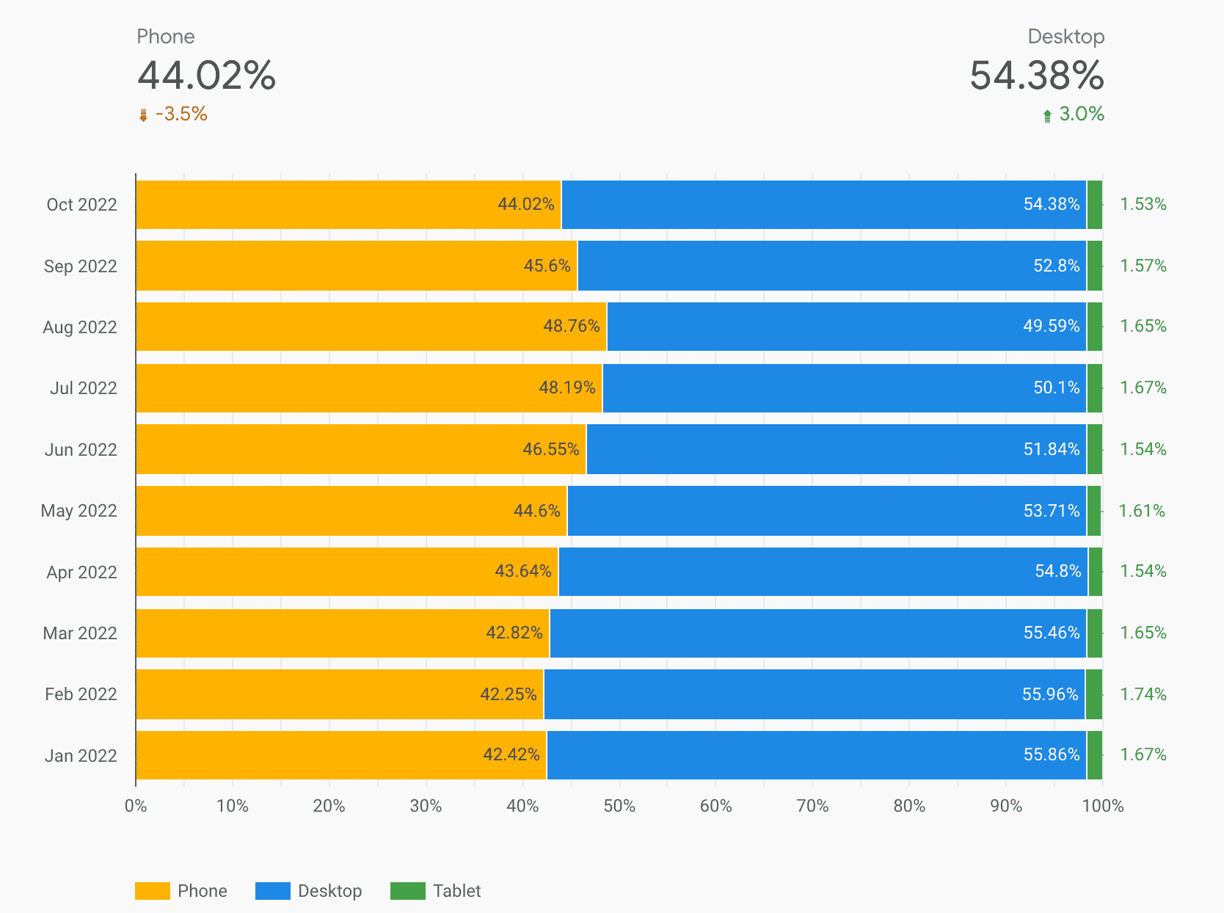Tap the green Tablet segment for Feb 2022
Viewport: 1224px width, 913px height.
(1093, 694)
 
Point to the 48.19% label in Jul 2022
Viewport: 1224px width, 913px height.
(567, 388)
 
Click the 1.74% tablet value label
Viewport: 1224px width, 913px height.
(1143, 694)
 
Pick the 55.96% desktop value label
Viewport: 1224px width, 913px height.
(1050, 694)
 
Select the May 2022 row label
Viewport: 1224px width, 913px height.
(79, 511)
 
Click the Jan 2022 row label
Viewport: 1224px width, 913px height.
(81, 755)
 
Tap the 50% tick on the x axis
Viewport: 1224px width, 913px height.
(619, 806)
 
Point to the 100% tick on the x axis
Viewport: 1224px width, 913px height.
(1102, 806)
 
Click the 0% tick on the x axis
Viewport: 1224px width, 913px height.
(136, 806)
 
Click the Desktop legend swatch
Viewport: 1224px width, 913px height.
(272, 891)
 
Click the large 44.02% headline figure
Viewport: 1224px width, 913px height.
(206, 76)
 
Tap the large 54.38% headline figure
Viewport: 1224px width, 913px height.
(1036, 76)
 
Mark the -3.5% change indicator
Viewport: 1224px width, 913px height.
(181, 114)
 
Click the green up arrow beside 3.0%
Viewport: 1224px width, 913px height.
(1047, 116)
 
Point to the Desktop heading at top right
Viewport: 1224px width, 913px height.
(1065, 37)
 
